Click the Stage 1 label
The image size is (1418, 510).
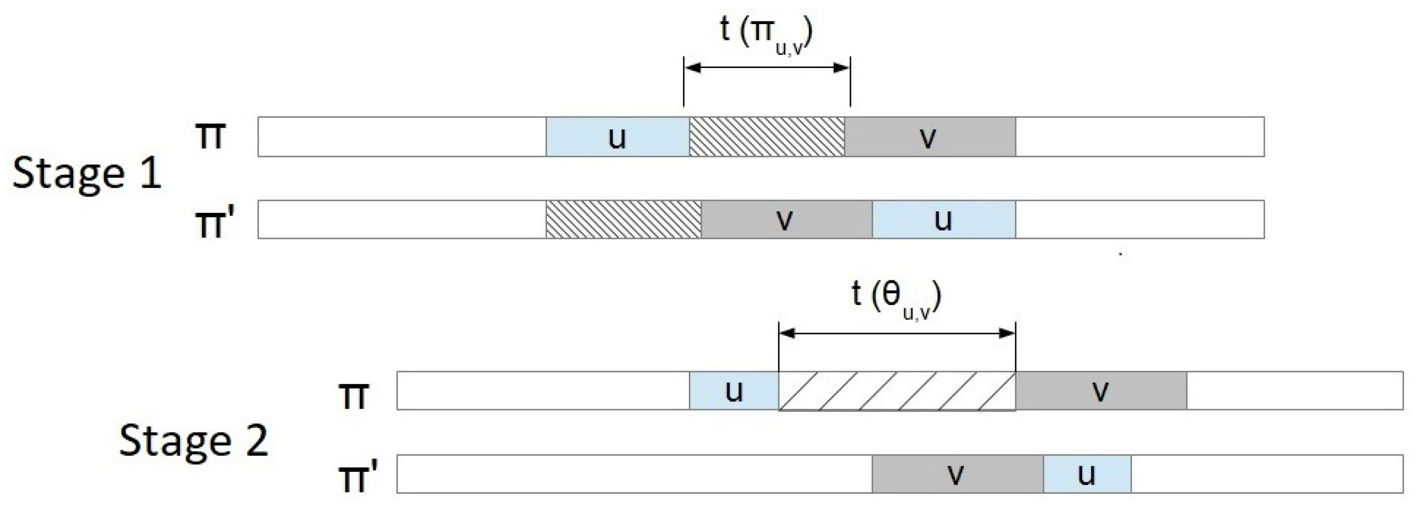click(x=86, y=174)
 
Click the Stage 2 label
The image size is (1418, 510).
click(x=193, y=441)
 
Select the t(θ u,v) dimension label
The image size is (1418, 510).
click(x=896, y=300)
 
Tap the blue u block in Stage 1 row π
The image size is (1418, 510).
click(x=617, y=137)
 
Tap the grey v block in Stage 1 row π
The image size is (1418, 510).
click(x=930, y=137)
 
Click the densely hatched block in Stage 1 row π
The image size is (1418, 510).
click(x=766, y=137)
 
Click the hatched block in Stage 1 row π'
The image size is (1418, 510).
click(x=623, y=219)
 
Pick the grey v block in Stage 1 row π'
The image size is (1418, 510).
click(x=786, y=219)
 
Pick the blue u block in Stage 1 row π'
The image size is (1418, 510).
click(x=944, y=219)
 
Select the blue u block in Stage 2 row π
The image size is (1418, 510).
click(x=734, y=391)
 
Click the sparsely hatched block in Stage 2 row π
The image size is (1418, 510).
click(x=897, y=391)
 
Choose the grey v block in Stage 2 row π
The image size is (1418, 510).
click(x=1101, y=391)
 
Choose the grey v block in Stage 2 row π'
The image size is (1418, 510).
click(x=957, y=474)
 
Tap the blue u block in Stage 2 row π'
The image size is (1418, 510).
click(x=1087, y=474)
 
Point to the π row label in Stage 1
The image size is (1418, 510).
click(x=210, y=135)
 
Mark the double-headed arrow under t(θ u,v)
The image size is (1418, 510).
click(x=897, y=333)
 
